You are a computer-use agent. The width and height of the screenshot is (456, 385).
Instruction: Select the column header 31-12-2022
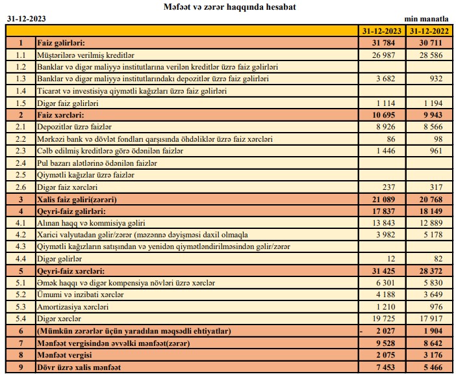click(429, 31)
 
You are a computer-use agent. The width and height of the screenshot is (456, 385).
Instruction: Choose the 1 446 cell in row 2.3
click(388, 151)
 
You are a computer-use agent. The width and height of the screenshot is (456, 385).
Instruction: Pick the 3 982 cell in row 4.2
click(388, 235)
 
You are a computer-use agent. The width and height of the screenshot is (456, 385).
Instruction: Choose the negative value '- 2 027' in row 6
click(383, 331)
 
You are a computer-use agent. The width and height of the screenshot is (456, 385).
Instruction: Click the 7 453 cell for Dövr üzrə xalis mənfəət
click(388, 367)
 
